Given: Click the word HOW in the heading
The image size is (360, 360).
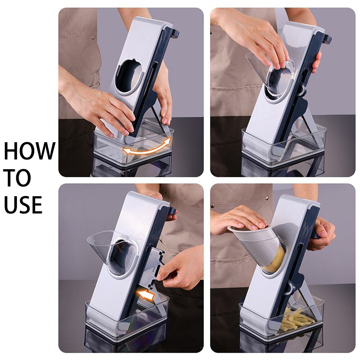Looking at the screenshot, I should click(30, 151).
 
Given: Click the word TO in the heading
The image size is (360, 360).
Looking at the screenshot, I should click(17, 178).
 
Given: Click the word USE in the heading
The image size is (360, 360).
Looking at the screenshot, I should click(23, 205).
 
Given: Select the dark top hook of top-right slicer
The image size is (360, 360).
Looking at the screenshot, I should click(327, 38).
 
